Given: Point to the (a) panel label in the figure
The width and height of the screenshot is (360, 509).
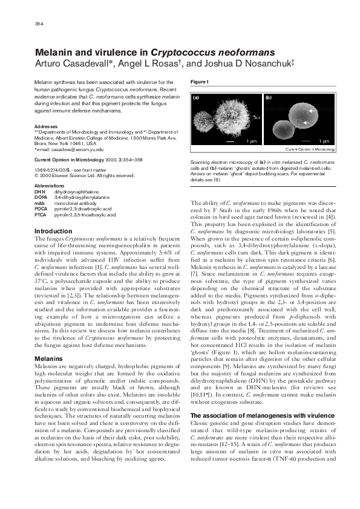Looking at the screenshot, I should (196, 97).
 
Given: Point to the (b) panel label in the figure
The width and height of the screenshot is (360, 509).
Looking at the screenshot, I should (268, 97).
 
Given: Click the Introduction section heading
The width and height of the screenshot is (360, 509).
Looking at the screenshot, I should (54, 232).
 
